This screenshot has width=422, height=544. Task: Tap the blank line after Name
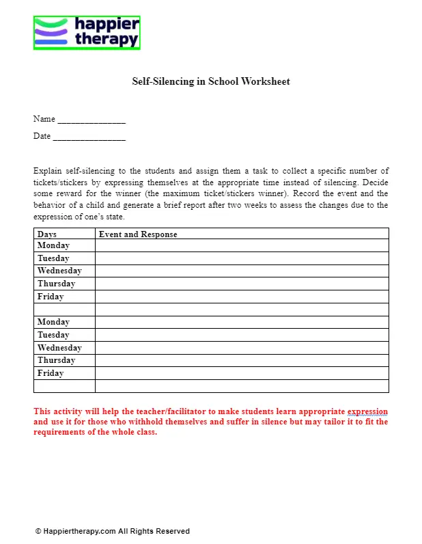click(x=92, y=120)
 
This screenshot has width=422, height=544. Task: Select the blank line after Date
click(x=89, y=137)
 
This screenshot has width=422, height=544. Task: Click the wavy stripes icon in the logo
click(x=51, y=33)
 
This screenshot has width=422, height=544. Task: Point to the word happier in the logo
click(x=107, y=25)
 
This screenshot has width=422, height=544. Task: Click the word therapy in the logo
click(x=107, y=40)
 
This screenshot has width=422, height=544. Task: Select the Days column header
click(x=47, y=234)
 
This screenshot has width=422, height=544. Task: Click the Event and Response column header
click(x=138, y=234)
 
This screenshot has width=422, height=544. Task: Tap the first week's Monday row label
click(x=53, y=245)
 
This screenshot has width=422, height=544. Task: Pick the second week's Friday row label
click(x=51, y=373)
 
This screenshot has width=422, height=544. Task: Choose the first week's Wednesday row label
click(x=59, y=271)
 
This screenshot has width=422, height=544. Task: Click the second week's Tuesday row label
click(x=53, y=335)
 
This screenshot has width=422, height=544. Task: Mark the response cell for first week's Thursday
click(x=241, y=284)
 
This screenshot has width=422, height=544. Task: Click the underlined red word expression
click(x=367, y=412)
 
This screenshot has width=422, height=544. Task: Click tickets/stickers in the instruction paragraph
click(x=70, y=183)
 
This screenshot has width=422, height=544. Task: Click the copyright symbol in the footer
click(x=38, y=531)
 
